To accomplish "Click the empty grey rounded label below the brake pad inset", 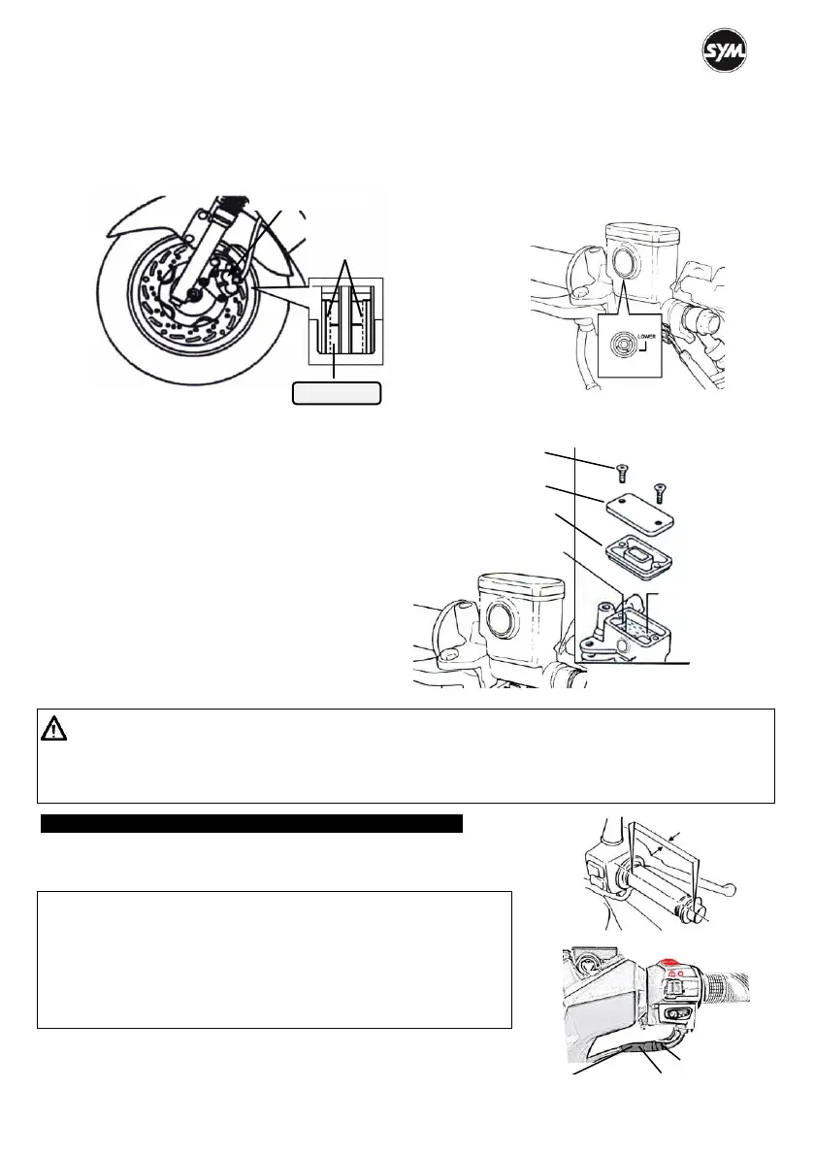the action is [337, 393].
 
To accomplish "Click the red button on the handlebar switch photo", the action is [668, 964].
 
